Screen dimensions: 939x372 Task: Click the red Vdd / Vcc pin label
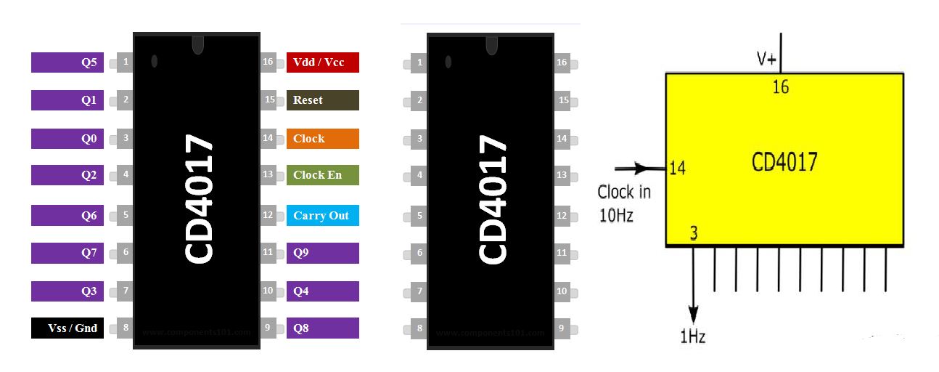click(x=322, y=62)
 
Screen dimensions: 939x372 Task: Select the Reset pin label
click(x=322, y=100)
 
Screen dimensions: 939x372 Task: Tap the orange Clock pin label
click(x=322, y=139)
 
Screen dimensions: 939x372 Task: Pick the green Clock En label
click(x=322, y=175)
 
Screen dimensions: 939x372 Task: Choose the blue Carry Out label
click(x=322, y=216)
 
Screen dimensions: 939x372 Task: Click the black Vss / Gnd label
click(x=67, y=328)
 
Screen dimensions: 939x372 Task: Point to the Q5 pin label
click(x=67, y=62)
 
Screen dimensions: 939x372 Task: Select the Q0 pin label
click(x=67, y=139)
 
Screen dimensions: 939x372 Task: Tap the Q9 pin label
click(x=322, y=253)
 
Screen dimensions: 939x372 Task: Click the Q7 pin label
click(x=67, y=253)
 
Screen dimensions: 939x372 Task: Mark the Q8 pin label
click(x=322, y=328)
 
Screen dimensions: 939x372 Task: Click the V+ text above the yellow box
click(x=766, y=60)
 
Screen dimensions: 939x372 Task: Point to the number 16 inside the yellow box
click(x=780, y=88)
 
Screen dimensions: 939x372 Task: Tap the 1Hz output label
click(x=692, y=336)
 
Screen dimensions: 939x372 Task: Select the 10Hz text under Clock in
click(x=616, y=216)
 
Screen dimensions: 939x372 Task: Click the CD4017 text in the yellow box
click(x=784, y=161)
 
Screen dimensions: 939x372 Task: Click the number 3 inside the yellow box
click(x=694, y=234)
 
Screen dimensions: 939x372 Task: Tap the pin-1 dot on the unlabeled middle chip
click(x=448, y=62)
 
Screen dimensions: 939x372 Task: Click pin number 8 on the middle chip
click(x=419, y=328)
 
